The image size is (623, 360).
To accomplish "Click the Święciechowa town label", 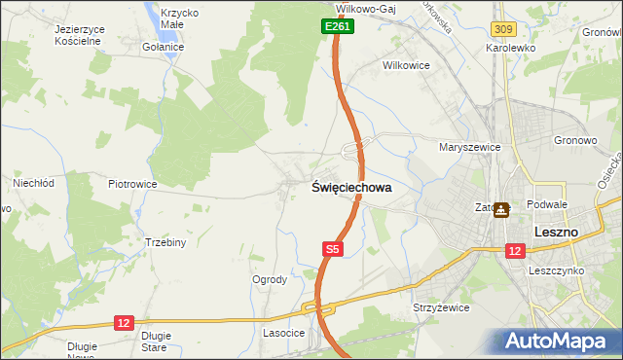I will click(x=351, y=188).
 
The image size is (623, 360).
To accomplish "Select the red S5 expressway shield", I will click(x=332, y=250).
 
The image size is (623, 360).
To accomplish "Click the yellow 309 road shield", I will click(x=503, y=31).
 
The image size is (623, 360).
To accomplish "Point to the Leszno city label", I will click(x=557, y=233).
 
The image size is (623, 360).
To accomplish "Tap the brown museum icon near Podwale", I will click(x=501, y=209).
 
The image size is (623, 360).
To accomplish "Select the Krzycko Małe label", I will click(x=176, y=18).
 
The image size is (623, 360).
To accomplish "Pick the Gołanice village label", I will click(x=163, y=47).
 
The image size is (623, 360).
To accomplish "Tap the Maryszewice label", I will click(x=469, y=148).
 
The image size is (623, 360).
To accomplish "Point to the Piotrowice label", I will click(x=132, y=183).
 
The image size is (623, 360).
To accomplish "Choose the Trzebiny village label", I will click(x=165, y=242).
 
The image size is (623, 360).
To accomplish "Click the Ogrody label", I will click(x=270, y=279).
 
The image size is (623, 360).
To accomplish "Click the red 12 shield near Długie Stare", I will click(x=124, y=321).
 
